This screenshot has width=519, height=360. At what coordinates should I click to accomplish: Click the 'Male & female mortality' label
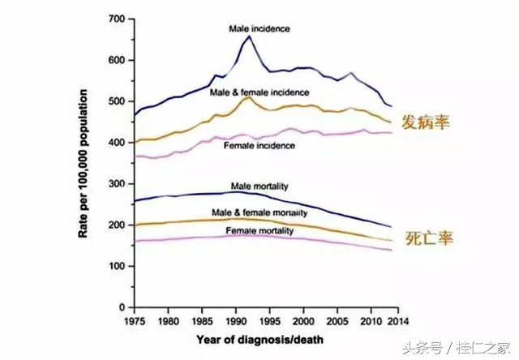259,212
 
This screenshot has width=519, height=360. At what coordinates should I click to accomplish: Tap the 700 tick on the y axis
117,19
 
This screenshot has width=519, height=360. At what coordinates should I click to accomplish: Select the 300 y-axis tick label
117,184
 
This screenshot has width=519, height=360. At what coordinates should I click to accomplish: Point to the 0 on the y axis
122,308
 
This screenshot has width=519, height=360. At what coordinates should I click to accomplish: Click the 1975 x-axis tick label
134,322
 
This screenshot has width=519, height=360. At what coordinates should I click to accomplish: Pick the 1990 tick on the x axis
236,322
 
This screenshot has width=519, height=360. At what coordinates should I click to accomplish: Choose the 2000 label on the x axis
304,322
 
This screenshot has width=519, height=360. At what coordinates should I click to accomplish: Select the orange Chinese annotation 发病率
428,123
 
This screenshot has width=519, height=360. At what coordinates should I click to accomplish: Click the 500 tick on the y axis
117,101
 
